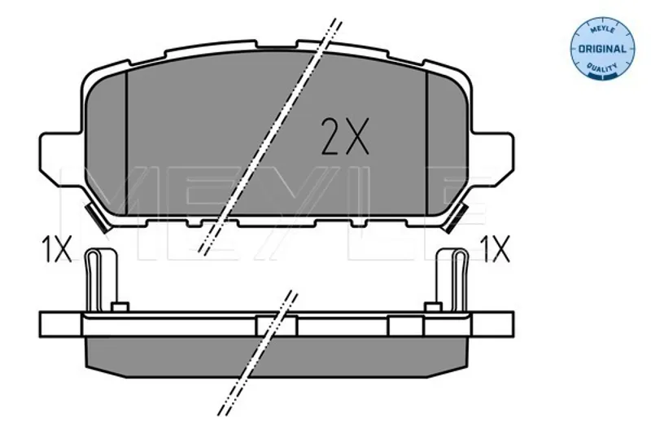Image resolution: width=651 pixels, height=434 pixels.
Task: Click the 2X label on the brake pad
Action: pyautogui.click(x=345, y=136)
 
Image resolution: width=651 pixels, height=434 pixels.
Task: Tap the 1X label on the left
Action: pyautogui.click(x=56, y=249)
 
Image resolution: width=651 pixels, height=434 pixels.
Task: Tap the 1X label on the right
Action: pyautogui.click(x=495, y=249)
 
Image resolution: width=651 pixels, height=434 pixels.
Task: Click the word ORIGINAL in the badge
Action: pyautogui.click(x=602, y=49)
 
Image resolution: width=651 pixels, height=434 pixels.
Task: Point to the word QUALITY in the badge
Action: pyautogui.click(x=602, y=68)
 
